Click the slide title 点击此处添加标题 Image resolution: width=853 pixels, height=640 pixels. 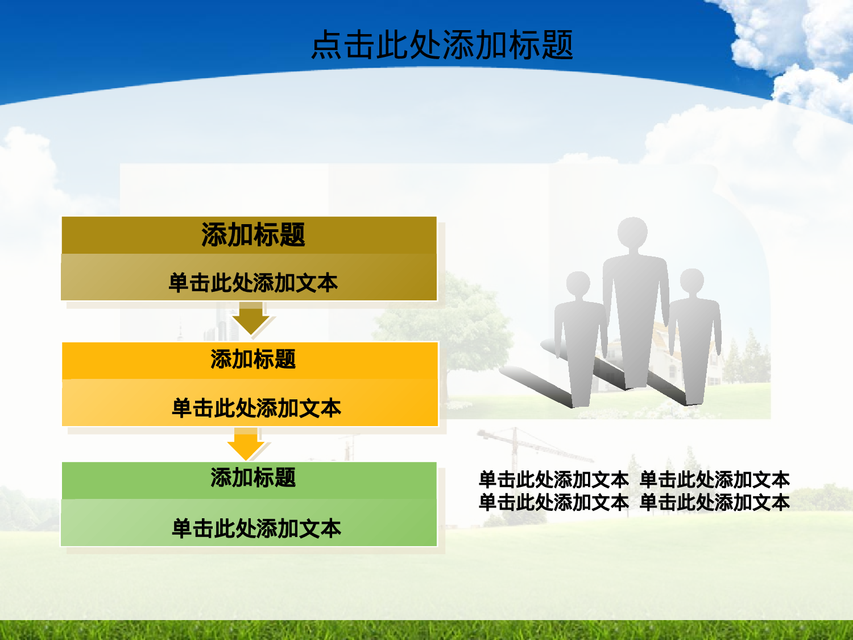442,45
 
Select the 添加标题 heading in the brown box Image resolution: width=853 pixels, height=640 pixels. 253,235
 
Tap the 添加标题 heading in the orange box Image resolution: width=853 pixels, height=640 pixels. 253,360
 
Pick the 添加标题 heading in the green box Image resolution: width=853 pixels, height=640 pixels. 253,478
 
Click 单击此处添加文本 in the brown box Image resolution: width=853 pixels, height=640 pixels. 253,283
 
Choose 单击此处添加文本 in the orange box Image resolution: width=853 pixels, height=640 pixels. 256,408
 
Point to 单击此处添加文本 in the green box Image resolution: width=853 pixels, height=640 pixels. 256,528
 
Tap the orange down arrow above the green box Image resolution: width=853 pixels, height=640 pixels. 246,444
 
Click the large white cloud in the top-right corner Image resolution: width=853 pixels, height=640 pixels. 790,40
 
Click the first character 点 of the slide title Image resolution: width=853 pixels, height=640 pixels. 326,45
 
